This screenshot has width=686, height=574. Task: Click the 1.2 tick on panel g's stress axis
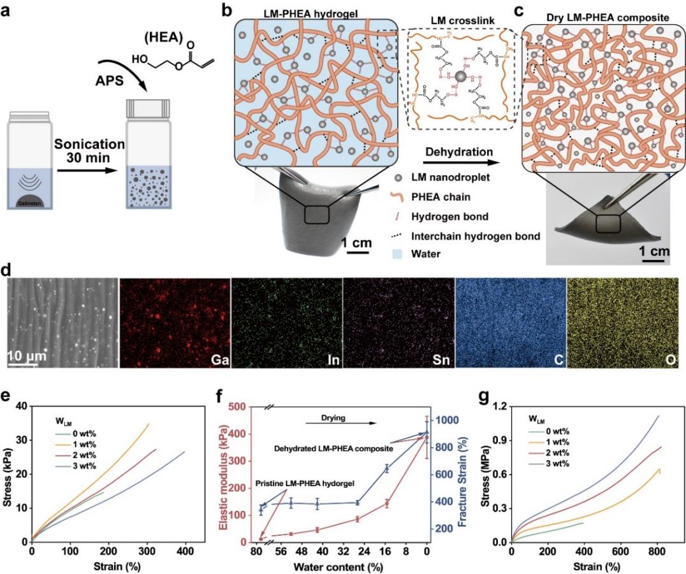coord(497,406)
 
